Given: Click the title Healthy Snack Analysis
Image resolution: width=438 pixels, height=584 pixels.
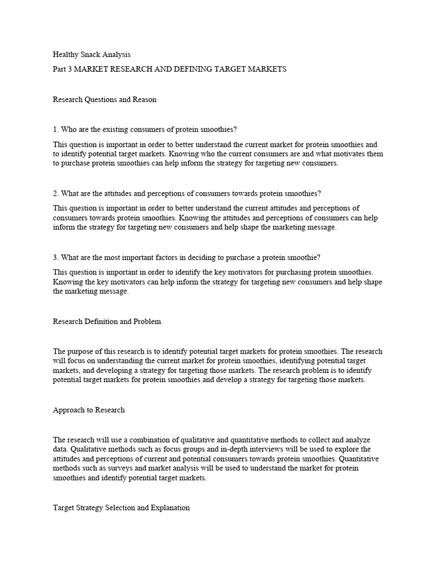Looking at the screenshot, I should [x=91, y=55].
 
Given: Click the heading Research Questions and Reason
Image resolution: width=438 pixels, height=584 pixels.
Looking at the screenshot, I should [x=104, y=99].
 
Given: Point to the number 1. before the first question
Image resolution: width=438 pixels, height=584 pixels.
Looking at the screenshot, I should [x=56, y=130].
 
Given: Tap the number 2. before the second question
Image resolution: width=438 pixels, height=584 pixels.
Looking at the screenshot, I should [x=56, y=193].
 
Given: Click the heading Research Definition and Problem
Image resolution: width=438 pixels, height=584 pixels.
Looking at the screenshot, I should [x=107, y=321].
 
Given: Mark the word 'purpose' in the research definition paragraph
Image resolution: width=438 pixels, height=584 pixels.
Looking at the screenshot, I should [x=81, y=351].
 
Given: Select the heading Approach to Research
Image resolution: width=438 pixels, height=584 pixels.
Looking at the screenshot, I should [x=88, y=410].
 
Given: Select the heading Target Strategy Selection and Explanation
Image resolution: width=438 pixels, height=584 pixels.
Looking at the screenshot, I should [x=121, y=507].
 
